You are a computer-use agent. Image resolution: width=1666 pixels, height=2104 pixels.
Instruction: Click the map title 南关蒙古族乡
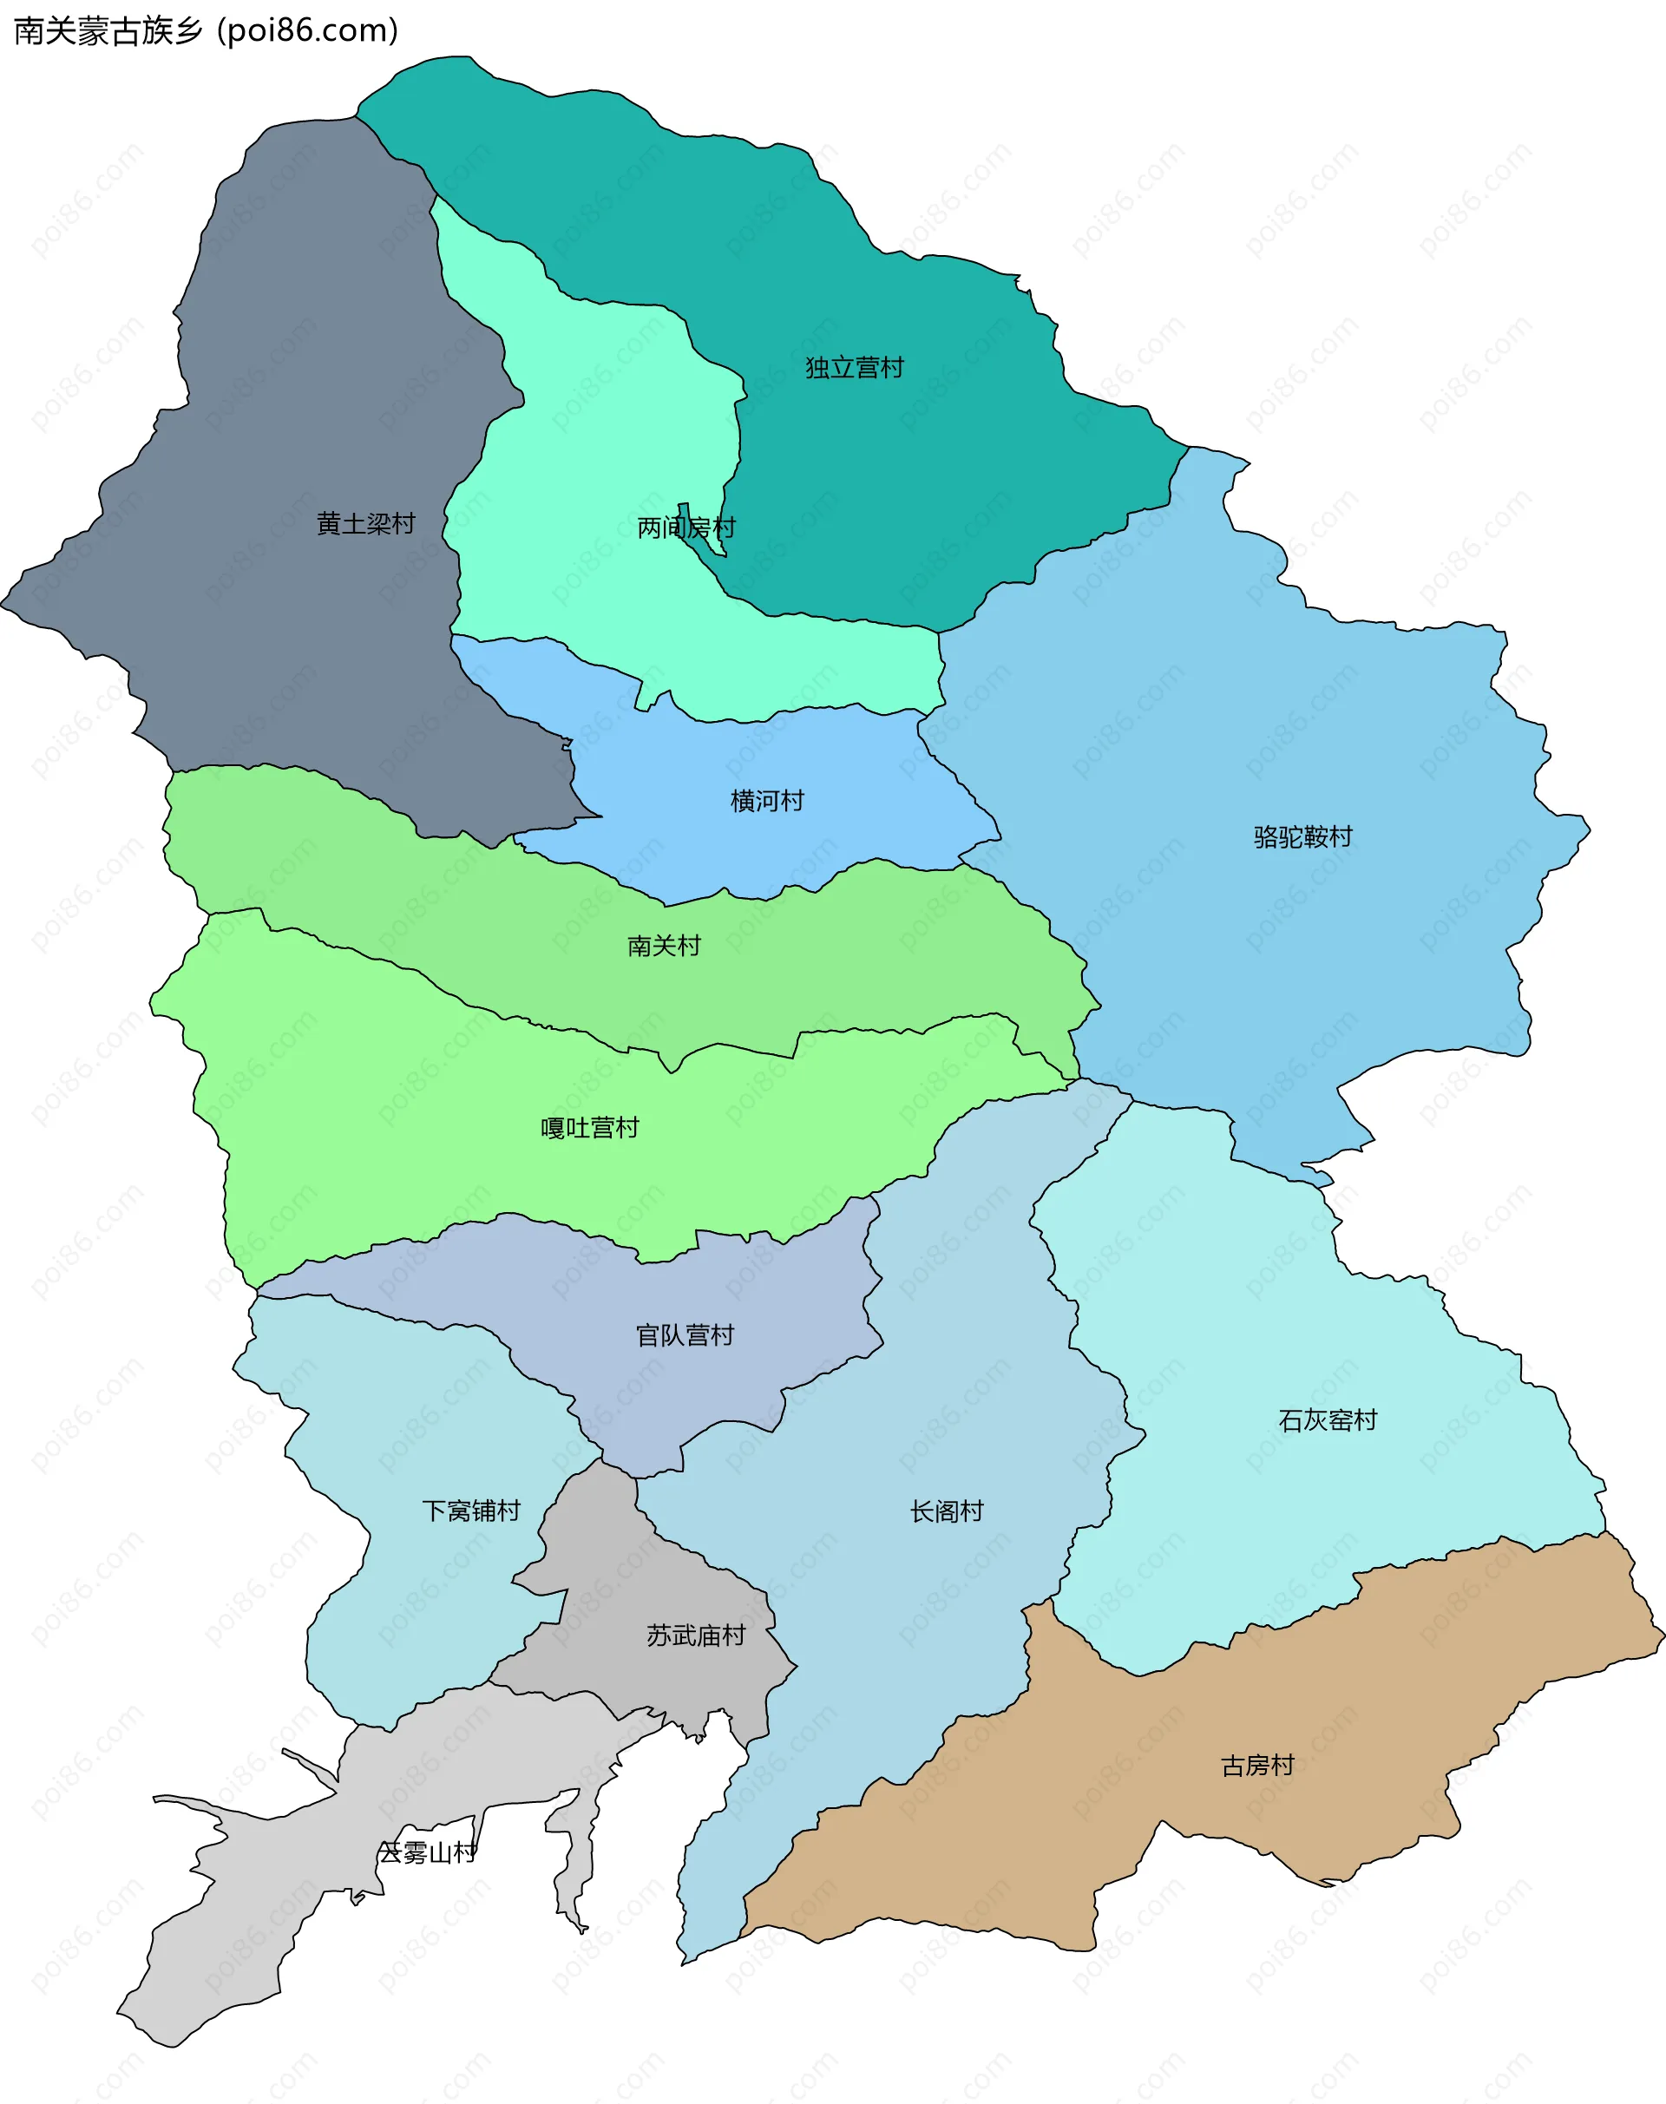click(x=108, y=31)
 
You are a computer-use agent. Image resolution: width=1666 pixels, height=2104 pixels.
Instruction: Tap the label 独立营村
click(x=855, y=368)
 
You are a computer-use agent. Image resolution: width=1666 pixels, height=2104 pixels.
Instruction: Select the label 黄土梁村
click(x=366, y=524)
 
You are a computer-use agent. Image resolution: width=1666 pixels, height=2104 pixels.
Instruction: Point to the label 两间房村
click(x=685, y=528)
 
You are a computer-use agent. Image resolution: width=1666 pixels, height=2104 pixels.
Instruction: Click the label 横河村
click(x=767, y=801)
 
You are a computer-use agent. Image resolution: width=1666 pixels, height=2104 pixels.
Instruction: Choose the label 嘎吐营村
click(x=589, y=1128)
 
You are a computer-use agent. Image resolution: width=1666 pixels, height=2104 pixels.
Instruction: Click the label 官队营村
click(x=685, y=1335)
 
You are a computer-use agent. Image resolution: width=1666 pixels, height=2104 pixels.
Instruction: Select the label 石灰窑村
click(x=1328, y=1420)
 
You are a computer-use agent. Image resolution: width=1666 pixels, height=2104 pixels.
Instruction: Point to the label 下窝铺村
click(x=471, y=1511)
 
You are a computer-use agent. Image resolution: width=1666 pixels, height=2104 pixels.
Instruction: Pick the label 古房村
click(x=1257, y=1766)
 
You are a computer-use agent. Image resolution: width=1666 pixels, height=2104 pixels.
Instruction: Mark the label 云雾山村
click(x=427, y=1852)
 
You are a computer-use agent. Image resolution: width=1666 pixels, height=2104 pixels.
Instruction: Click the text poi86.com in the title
click(x=308, y=31)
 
